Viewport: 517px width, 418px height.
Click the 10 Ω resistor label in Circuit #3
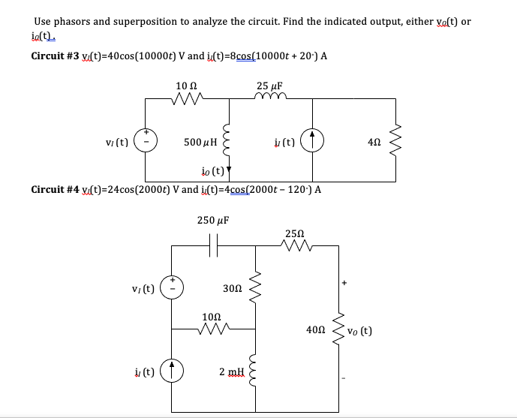point(186,87)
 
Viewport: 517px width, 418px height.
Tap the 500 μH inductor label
point(200,141)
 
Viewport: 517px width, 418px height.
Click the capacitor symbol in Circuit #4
point(213,245)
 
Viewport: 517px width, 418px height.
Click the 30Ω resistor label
point(233,288)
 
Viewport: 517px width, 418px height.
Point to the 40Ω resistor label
point(316,329)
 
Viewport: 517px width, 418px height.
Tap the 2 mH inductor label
point(231,371)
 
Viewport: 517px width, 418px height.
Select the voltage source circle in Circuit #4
point(172,287)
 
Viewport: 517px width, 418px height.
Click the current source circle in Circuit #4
point(172,371)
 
